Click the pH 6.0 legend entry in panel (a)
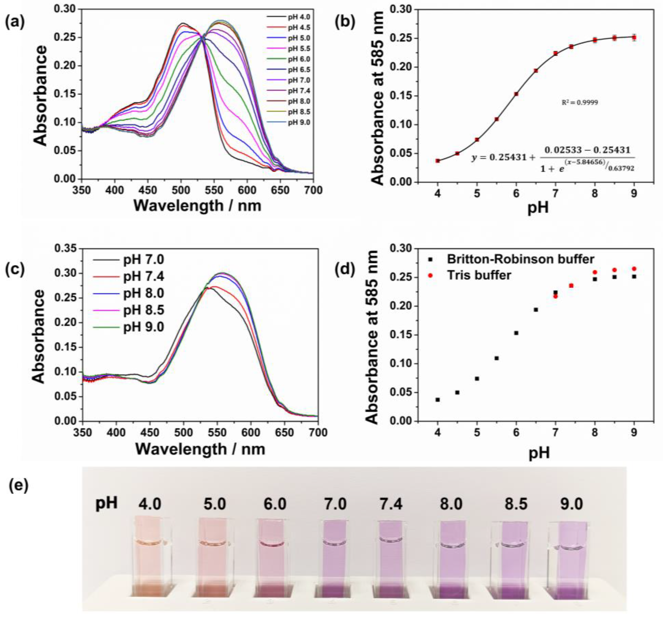point(288,59)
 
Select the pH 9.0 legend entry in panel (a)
point(288,122)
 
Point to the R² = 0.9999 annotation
point(580,102)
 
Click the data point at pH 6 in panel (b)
point(516,94)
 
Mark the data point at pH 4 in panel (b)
point(437,161)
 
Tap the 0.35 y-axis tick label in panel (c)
point(66,248)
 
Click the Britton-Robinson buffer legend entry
point(512,259)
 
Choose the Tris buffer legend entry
point(470,275)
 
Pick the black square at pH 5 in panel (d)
point(477,379)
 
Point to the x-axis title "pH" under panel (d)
point(539,453)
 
